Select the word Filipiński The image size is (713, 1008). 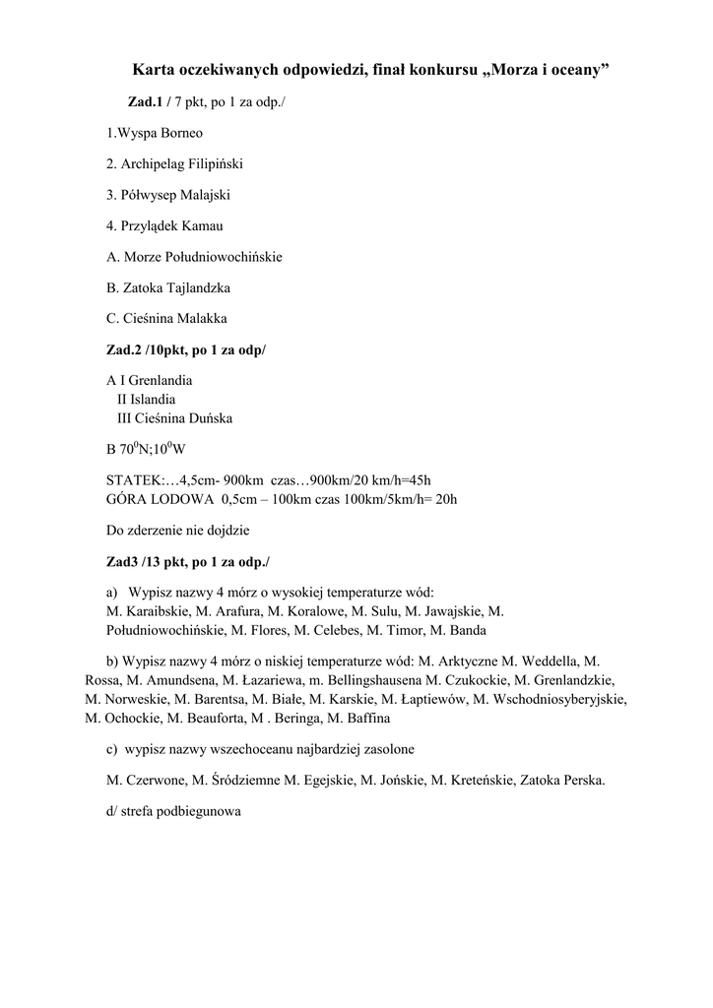click(213, 163)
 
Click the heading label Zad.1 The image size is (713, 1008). click(144, 102)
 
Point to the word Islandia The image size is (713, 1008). click(153, 400)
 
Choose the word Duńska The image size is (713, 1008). click(211, 418)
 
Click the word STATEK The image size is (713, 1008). click(133, 480)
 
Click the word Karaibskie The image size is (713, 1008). click(149, 611)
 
